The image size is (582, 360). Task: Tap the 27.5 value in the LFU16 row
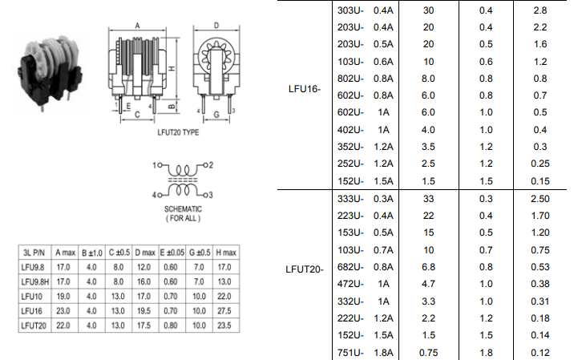(x=224, y=310)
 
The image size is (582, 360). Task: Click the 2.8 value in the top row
(x=540, y=10)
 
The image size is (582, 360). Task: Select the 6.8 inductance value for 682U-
(x=428, y=266)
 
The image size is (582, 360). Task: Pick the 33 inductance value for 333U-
(x=428, y=198)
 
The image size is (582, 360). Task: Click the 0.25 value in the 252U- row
(x=540, y=164)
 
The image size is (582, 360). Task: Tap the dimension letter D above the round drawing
(x=216, y=26)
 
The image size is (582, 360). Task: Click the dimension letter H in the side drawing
(x=172, y=71)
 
